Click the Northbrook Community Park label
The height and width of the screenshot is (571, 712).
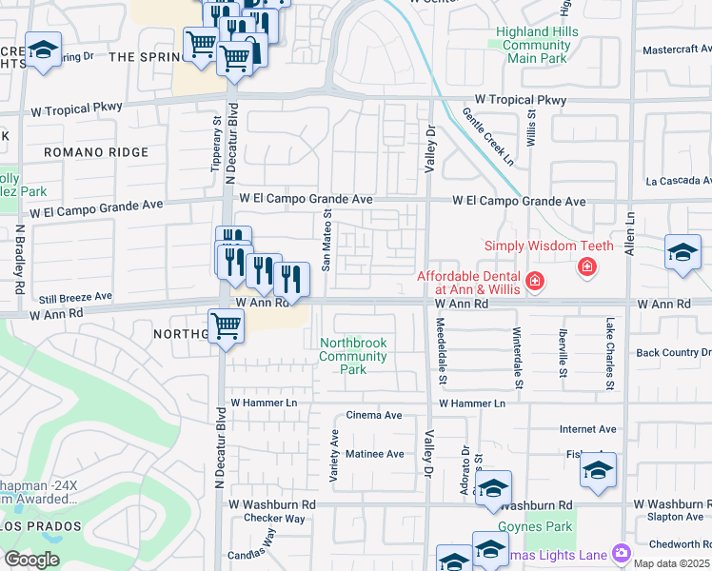pyautogui.click(x=353, y=356)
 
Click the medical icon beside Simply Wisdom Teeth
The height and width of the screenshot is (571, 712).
pyautogui.click(x=587, y=266)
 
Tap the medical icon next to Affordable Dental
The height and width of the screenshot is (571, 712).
pyautogui.click(x=535, y=281)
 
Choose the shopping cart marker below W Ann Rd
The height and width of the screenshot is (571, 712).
pyautogui.click(x=227, y=325)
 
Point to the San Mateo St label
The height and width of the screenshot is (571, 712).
pyautogui.click(x=326, y=242)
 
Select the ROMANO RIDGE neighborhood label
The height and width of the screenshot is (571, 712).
pyautogui.click(x=96, y=152)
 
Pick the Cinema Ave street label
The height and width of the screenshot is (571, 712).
pyautogui.click(x=374, y=416)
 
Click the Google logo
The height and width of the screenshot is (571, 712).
pyautogui.click(x=31, y=559)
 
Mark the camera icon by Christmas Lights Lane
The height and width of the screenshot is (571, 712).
pyautogui.click(x=622, y=553)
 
